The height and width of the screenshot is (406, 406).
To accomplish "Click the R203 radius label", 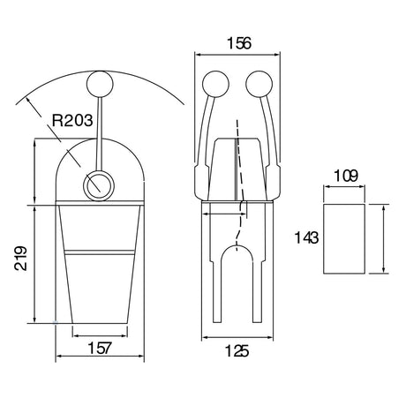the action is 72,120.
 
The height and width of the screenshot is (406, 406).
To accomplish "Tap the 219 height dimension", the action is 21,259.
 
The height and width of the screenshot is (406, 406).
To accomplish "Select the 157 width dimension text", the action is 100,348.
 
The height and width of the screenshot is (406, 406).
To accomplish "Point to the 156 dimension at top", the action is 239,43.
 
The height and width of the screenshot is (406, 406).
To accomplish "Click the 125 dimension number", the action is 237,351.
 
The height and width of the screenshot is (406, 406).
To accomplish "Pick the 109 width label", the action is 346,176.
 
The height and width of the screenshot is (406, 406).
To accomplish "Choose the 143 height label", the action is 306,237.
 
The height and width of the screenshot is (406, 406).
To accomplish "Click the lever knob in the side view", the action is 100,84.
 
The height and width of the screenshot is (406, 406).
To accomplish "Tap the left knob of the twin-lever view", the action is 215,84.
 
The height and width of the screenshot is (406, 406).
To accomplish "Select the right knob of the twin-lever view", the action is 259,84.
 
